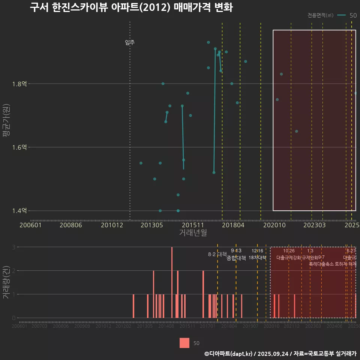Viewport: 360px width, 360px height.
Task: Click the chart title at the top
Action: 131,8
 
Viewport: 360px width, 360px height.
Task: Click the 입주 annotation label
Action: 130,42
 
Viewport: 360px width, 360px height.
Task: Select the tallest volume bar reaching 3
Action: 172,282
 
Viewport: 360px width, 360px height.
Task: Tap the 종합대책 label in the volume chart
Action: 236,258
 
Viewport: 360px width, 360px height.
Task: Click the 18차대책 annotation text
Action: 257,258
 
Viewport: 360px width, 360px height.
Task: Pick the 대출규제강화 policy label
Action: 289,258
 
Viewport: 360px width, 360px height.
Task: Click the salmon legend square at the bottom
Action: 184,343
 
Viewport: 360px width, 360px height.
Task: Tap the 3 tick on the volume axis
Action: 13,247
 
